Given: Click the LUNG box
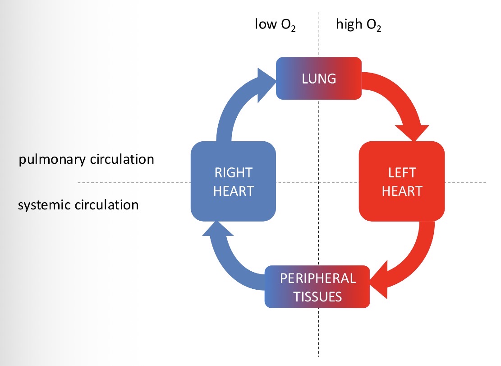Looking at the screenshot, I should [x=318, y=78].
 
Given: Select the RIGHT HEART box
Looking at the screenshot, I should [x=233, y=181].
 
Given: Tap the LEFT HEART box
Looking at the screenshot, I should [x=401, y=181].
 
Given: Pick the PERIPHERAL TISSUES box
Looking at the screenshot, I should [x=317, y=287].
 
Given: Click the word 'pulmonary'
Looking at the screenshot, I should [x=51, y=160].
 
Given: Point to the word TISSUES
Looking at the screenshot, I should [x=317, y=297].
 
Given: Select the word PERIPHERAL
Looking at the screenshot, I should [x=318, y=278].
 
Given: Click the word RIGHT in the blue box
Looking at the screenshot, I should [x=234, y=172].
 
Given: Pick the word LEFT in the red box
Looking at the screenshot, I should [x=401, y=172].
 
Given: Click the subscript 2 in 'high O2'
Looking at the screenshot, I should [x=379, y=29].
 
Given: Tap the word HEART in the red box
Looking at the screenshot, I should [x=401, y=191].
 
